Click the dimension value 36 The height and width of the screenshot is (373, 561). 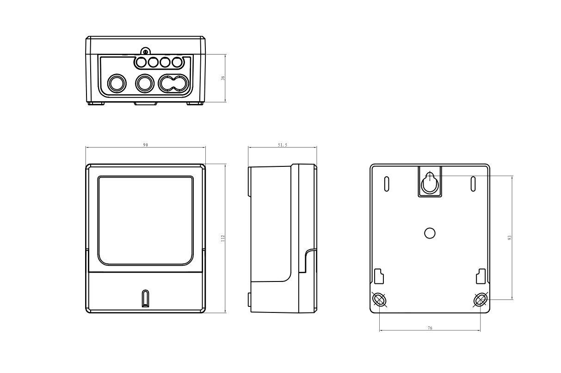[222, 78]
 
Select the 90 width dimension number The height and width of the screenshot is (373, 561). [145, 145]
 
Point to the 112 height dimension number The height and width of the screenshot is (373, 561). [222, 238]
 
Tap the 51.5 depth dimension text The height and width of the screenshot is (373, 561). [282, 145]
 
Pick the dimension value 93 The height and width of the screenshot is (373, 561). [509, 238]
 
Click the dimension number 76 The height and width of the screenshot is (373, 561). [430, 328]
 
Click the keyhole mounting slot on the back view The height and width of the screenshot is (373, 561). [430, 183]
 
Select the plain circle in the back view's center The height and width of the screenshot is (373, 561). [430, 233]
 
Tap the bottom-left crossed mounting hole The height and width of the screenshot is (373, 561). [380, 300]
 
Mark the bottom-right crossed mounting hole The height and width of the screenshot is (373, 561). [480, 300]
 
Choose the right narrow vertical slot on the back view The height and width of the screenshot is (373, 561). [473, 183]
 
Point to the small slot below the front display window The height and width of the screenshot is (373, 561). [145, 298]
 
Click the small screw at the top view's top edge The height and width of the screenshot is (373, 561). [145, 52]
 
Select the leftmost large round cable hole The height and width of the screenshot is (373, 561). [116, 84]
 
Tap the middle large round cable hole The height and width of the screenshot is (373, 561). [145, 84]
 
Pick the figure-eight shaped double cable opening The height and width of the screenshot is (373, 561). [174, 84]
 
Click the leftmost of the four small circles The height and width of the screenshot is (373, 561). [141, 62]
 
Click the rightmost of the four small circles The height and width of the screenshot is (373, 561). [177, 62]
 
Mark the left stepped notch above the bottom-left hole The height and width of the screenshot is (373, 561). [379, 276]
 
